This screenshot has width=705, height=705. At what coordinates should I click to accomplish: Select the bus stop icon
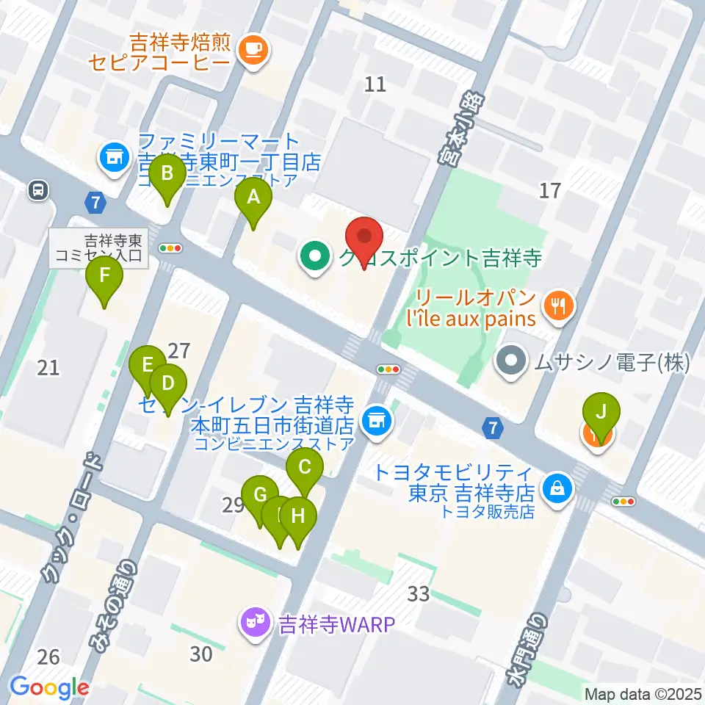pyautogui.click(x=37, y=190)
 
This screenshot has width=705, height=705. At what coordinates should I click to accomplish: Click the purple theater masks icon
pyautogui.click(x=255, y=624)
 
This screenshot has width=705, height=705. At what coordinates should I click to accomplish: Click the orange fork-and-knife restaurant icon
pyautogui.click(x=559, y=304)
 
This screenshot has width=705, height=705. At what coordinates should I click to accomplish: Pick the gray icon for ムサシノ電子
pyautogui.click(x=509, y=361)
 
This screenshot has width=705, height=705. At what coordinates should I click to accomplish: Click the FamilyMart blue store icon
pyautogui.click(x=113, y=156)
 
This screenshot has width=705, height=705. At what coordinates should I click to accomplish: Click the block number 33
pyautogui.click(x=419, y=593)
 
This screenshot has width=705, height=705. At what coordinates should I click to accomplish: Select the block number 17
pyautogui.click(x=550, y=191)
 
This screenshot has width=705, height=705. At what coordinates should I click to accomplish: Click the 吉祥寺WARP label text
pyautogui.click(x=336, y=625)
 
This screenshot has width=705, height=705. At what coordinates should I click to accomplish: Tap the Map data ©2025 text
pyautogui.click(x=643, y=693)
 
